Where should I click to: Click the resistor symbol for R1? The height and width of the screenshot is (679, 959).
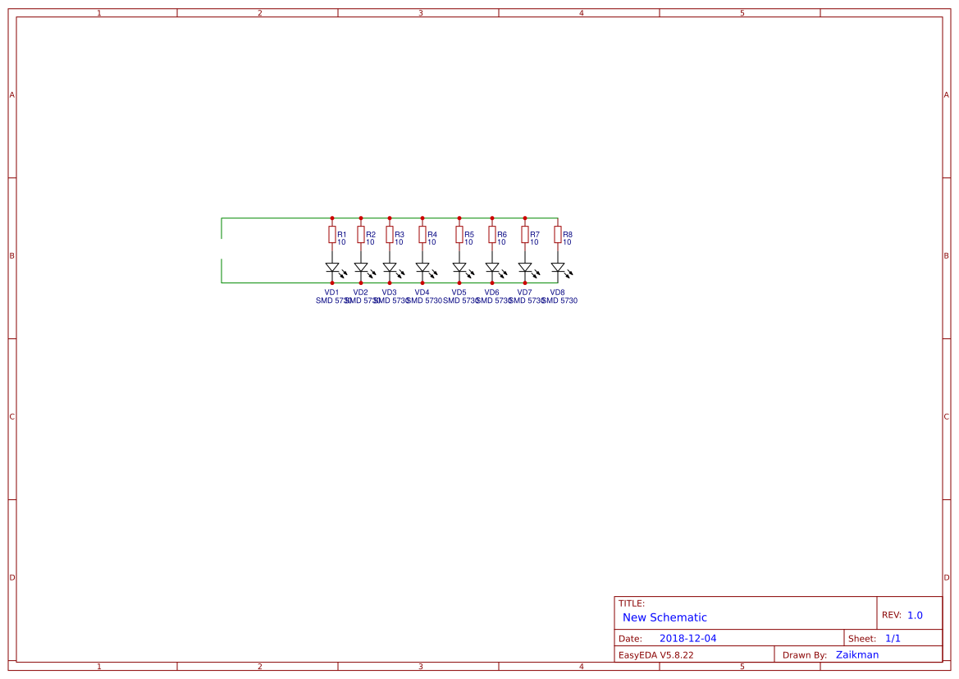click(x=332, y=235)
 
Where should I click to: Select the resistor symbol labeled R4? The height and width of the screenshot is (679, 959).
click(x=422, y=235)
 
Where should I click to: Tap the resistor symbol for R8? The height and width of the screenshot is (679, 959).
click(x=558, y=235)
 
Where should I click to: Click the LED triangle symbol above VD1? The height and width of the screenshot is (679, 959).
click(x=332, y=268)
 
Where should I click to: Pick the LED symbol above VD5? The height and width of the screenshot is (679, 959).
click(x=459, y=268)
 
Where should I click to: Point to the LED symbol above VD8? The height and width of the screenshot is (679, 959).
click(x=558, y=268)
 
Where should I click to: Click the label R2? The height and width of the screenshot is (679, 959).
click(x=371, y=235)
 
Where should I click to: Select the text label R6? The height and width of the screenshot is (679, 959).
click(x=502, y=235)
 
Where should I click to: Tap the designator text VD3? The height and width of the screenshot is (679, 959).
click(x=389, y=292)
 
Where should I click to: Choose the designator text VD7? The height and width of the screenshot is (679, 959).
click(x=524, y=292)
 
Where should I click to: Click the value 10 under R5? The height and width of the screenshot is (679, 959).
click(x=468, y=242)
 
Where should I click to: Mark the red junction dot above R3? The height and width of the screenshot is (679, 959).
click(x=390, y=218)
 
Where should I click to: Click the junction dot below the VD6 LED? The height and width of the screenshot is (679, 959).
click(x=492, y=282)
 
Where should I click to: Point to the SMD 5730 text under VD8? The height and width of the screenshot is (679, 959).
click(x=560, y=301)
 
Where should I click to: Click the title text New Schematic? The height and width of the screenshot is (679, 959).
click(x=664, y=617)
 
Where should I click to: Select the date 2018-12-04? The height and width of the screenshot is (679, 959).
click(x=687, y=638)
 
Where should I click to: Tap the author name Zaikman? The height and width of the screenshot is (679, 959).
click(x=857, y=654)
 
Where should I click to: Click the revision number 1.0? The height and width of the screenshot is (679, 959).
click(x=915, y=615)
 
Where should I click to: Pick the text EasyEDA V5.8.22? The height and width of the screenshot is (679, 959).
click(x=655, y=655)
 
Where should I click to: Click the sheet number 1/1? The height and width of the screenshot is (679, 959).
click(x=893, y=638)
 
